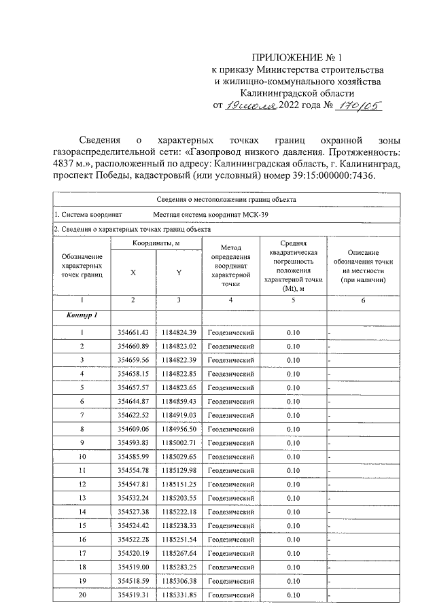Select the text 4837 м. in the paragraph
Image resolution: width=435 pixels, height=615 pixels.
tap(69, 164)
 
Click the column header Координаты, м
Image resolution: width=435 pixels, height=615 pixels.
tap(156, 243)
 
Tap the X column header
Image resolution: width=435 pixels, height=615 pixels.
tap(133, 272)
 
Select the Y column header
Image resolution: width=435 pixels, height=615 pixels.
tap(178, 272)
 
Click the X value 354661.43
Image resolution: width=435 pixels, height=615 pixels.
tap(133, 332)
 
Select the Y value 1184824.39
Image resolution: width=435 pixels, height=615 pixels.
tap(178, 332)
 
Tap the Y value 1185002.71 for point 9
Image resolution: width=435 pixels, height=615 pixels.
tap(178, 443)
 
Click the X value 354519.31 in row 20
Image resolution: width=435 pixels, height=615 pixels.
tap(133, 595)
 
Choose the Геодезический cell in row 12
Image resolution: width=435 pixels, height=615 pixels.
tap(230, 485)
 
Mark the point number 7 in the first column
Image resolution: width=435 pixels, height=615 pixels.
tap(82, 415)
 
